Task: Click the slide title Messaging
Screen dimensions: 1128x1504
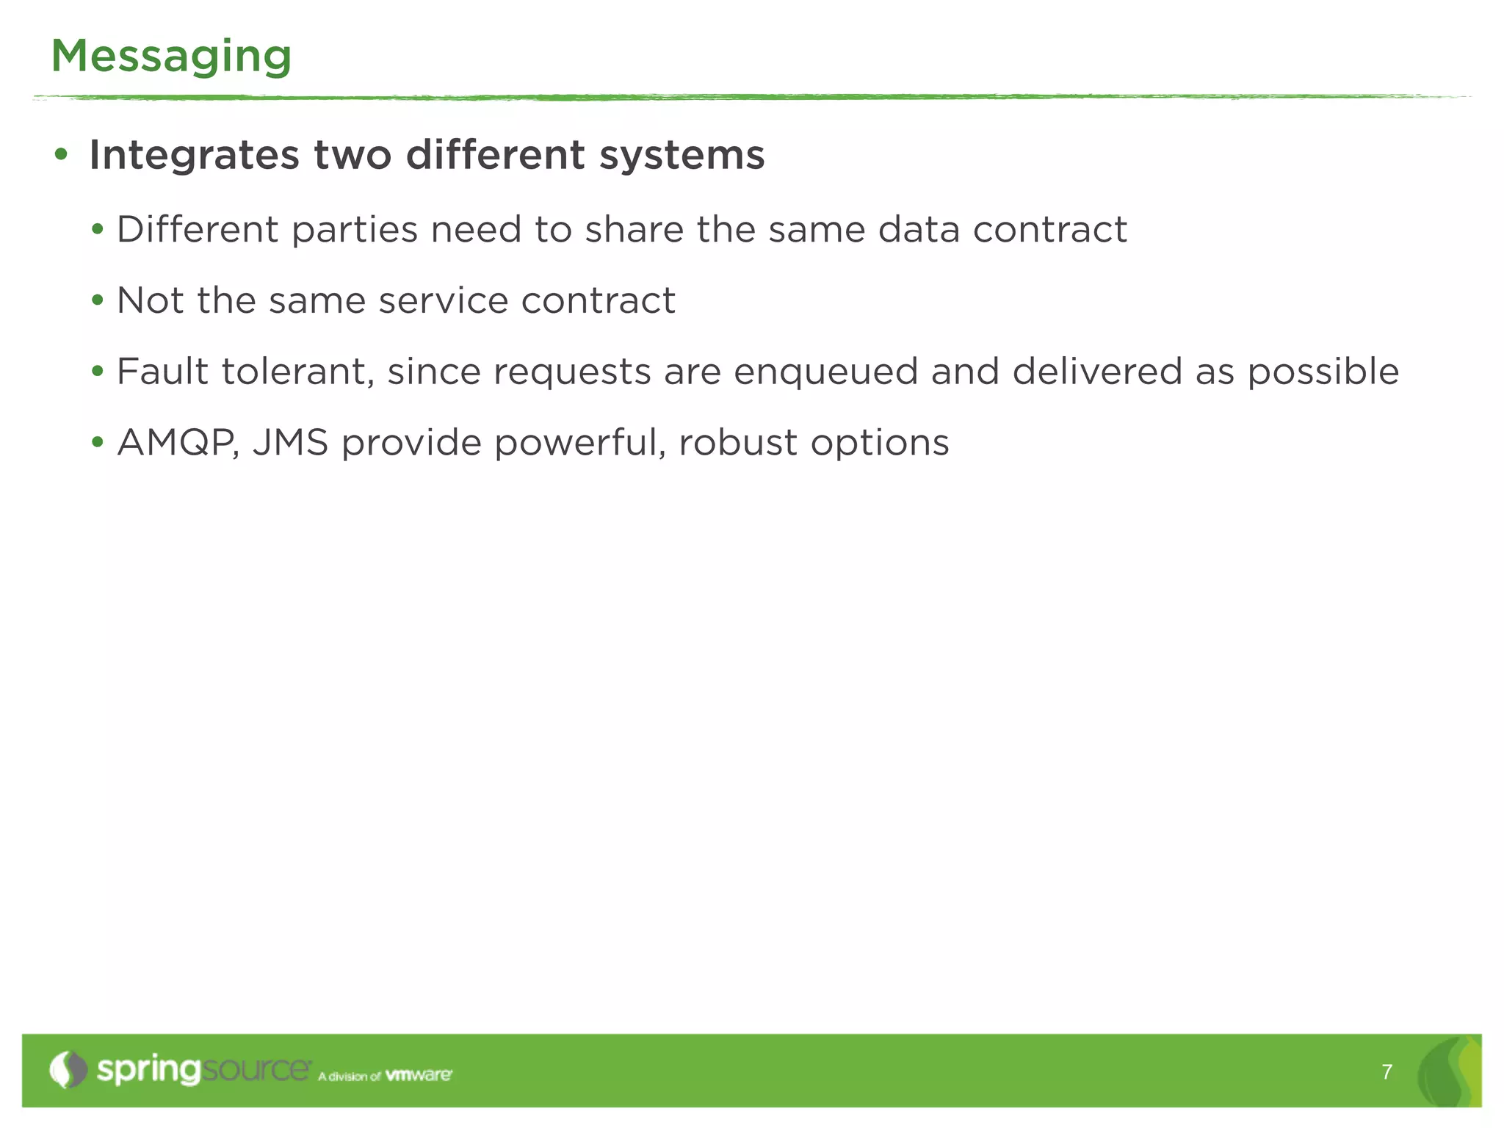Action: coord(171,57)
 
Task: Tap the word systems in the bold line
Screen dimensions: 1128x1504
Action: coord(681,156)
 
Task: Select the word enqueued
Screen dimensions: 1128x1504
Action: coord(825,372)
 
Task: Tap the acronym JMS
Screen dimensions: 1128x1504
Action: coord(290,443)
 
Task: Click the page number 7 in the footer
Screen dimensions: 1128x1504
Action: coord(1386,1072)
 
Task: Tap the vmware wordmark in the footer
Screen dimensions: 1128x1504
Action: coord(419,1075)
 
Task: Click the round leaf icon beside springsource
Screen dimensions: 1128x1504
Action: coord(68,1069)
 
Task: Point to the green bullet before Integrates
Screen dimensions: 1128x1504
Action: coord(61,155)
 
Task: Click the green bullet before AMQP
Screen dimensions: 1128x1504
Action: coord(98,443)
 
